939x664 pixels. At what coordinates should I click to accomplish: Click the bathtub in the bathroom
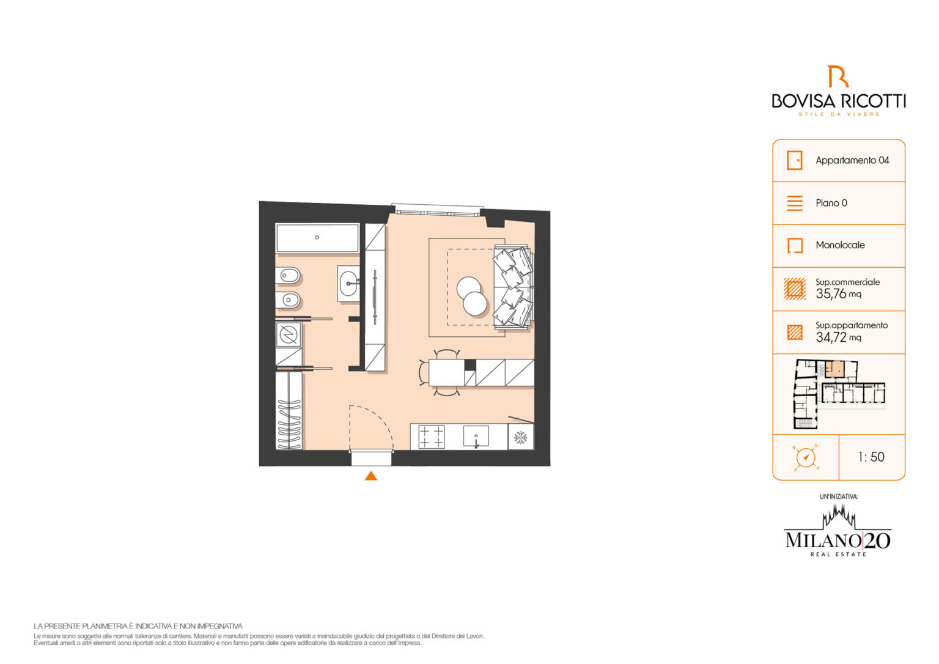click(317, 238)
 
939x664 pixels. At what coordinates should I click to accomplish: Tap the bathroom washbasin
click(349, 283)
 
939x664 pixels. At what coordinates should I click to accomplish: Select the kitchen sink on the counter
click(476, 436)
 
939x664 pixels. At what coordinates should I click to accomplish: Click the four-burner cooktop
click(432, 437)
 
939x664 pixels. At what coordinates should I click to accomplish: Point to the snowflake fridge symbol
click(520, 437)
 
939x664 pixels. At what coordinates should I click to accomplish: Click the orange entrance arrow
click(370, 476)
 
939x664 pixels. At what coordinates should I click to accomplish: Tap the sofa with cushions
click(514, 287)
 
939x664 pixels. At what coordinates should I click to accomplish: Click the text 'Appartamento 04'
click(852, 160)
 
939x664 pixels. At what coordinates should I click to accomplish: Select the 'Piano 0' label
click(831, 203)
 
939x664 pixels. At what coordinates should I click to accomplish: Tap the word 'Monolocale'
click(839, 245)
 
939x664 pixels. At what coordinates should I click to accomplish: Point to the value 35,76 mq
click(838, 293)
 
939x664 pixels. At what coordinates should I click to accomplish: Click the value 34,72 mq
click(838, 337)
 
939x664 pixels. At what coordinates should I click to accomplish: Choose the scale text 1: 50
click(871, 457)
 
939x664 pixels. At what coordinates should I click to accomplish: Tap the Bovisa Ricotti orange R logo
click(838, 76)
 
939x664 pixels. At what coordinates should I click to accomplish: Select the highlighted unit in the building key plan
click(834, 369)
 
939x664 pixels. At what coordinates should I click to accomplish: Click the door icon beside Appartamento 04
click(794, 160)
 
